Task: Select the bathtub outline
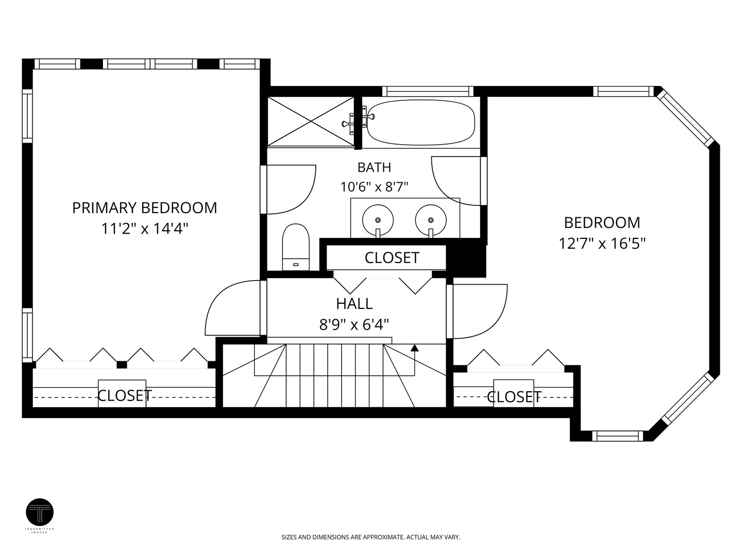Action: (421, 122)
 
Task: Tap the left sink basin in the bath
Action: (378, 220)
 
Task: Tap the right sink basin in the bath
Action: (431, 220)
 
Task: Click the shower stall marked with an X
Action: (310, 121)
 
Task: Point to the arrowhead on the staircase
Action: (414, 348)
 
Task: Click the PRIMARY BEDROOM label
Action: (145, 207)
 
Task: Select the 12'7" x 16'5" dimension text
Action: (602, 244)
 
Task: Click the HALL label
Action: (355, 304)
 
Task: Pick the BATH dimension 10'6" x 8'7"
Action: (374, 187)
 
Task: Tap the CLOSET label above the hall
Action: (392, 257)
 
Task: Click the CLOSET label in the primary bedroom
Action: (125, 395)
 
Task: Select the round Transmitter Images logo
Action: (40, 512)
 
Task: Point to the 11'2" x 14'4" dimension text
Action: (145, 229)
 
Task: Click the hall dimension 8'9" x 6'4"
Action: (355, 325)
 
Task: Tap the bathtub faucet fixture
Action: (358, 120)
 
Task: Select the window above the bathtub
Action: (428, 91)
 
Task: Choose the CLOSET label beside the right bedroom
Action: (514, 396)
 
